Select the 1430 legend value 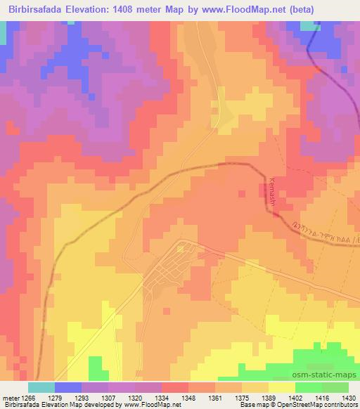pos(349,397)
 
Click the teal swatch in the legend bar pos(41,387)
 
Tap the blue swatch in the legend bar pos(68,387)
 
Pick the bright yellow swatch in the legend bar pos(282,387)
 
